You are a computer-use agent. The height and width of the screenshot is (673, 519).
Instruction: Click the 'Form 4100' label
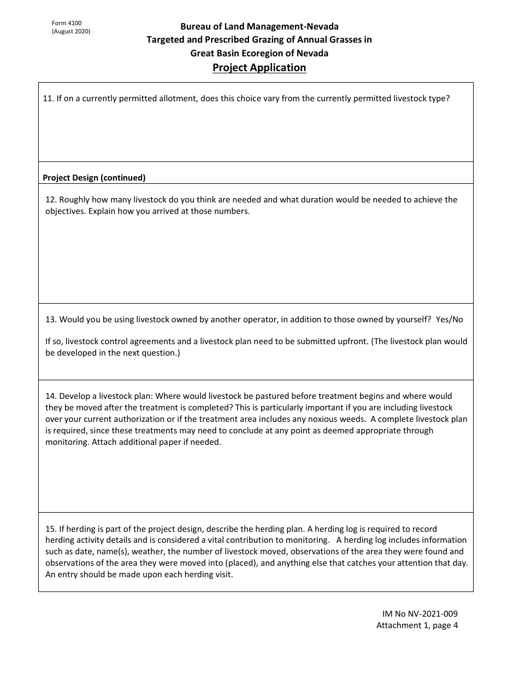coord(67,23)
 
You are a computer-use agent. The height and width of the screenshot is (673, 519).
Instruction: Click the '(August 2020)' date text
coord(71,31)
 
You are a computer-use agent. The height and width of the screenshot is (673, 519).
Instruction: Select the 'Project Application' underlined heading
coord(259,67)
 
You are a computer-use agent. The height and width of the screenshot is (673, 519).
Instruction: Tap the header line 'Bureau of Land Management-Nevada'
coord(259,26)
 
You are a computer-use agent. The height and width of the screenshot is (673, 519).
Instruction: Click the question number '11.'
coord(48,99)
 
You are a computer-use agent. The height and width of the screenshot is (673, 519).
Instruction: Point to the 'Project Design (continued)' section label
coord(94,177)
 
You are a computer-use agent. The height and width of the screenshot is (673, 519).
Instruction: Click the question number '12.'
coord(51,200)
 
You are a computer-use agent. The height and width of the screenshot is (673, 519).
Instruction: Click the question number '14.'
coord(51,396)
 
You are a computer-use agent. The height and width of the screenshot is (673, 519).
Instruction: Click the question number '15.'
coord(51,529)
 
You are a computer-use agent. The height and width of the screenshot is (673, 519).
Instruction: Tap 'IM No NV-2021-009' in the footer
coord(417,614)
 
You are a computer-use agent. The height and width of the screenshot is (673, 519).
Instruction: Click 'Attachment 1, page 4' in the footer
coord(417,625)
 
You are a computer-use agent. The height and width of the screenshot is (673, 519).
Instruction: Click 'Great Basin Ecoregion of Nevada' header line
coord(259,53)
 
